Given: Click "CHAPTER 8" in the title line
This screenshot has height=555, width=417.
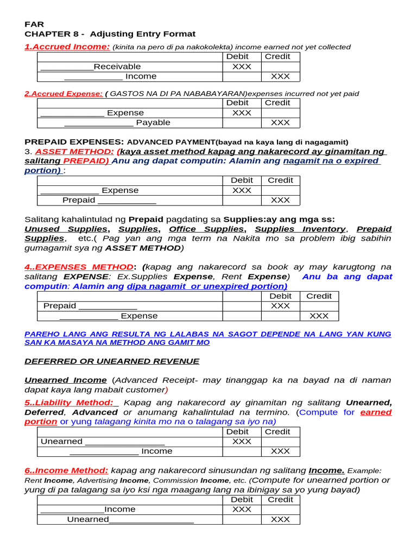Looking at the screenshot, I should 48,34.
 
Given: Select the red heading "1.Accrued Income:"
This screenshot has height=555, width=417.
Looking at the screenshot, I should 67,47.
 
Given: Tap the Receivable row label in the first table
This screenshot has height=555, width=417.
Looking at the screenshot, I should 117,66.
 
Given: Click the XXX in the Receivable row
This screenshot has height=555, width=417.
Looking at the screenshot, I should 242,66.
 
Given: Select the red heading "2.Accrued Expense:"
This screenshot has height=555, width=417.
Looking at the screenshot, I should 63,93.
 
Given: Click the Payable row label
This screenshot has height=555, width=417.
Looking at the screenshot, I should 153,122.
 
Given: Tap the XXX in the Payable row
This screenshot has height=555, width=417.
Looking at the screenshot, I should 280,122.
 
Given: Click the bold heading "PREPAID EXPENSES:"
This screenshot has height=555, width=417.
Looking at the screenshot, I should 74,141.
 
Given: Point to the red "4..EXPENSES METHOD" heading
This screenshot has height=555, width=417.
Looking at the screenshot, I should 78,267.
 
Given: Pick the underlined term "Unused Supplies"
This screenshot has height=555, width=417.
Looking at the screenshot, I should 58,229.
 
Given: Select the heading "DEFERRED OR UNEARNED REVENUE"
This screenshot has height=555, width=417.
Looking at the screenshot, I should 112,361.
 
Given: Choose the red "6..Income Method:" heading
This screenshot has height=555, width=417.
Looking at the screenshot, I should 66,470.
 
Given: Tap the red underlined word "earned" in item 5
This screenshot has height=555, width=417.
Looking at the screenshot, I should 376,412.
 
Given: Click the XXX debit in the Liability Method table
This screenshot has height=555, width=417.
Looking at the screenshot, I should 242,441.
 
